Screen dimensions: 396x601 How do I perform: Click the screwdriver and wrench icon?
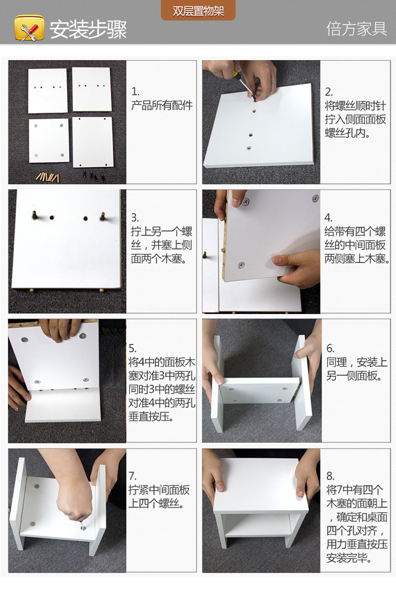(29, 28)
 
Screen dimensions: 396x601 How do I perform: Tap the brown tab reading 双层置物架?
(198, 11)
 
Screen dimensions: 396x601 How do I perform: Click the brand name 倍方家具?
(356, 28)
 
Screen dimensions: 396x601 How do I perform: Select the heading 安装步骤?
(88, 29)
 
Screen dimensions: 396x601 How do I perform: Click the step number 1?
(135, 92)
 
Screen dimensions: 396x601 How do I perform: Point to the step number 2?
(329, 92)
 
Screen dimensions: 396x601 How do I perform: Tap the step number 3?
(135, 218)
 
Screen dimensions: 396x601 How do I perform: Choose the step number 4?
(328, 218)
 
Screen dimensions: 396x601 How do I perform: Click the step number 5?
(133, 348)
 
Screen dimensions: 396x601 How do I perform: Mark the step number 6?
(331, 348)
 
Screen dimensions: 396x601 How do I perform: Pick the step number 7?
(133, 476)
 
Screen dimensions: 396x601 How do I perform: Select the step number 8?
(331, 476)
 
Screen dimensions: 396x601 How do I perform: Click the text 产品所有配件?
(162, 106)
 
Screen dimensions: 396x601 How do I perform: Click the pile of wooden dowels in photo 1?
(48, 177)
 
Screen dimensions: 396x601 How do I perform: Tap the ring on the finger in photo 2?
(274, 82)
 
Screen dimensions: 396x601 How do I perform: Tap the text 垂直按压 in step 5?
(149, 417)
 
